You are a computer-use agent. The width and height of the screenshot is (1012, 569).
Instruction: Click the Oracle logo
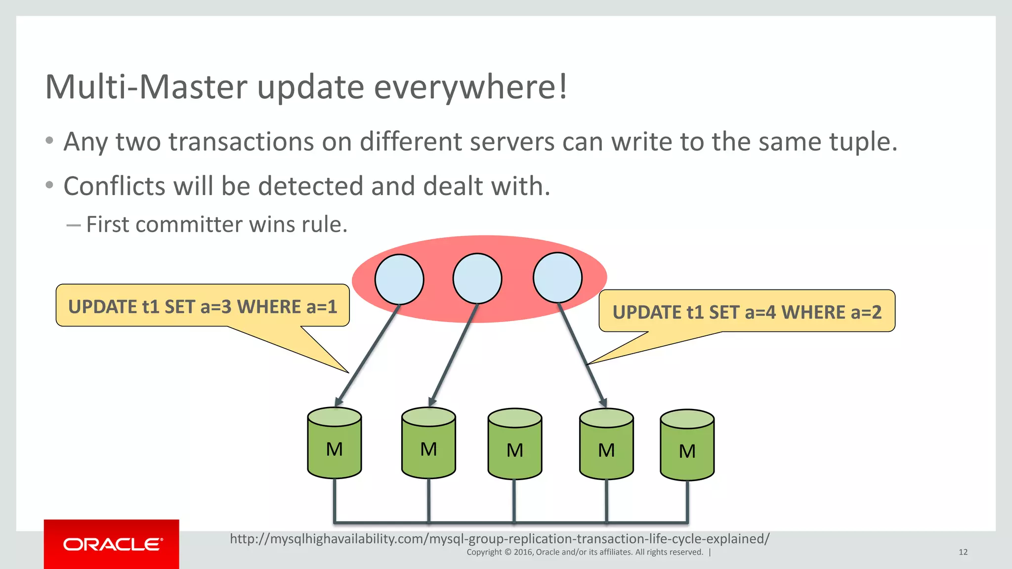pyautogui.click(x=112, y=544)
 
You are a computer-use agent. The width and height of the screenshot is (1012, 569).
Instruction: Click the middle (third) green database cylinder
pyautogui.click(x=515, y=444)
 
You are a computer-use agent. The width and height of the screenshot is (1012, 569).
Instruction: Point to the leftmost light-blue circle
pyautogui.click(x=399, y=279)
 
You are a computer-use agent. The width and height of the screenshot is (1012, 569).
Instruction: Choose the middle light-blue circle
pyautogui.click(x=477, y=278)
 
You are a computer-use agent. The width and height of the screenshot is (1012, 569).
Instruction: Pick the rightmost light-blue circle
pyautogui.click(x=557, y=277)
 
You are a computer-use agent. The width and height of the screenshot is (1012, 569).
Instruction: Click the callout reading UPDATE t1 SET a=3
pyautogui.click(x=203, y=306)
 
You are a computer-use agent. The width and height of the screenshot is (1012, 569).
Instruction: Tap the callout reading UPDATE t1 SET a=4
pyautogui.click(x=747, y=312)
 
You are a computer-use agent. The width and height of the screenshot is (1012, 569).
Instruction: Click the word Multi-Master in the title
pyautogui.click(x=146, y=87)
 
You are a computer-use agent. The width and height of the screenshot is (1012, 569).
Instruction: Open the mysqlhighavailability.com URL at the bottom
pyautogui.click(x=500, y=538)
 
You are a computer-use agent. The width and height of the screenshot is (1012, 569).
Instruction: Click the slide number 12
pyautogui.click(x=963, y=552)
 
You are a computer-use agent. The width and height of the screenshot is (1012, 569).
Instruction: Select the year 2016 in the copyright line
pyautogui.click(x=522, y=552)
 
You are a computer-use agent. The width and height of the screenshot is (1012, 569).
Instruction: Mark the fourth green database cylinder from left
pyautogui.click(x=606, y=444)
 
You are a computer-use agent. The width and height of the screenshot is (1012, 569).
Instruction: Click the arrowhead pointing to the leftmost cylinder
pyautogui.click(x=339, y=401)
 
